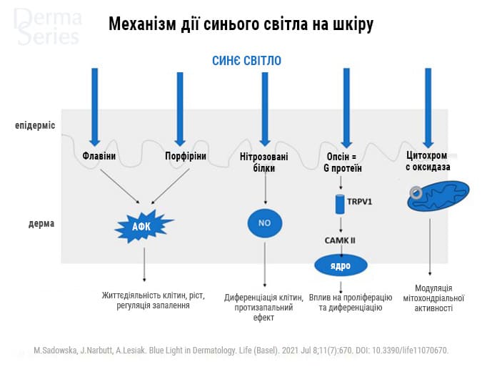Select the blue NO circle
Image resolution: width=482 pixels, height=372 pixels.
pos(264,223)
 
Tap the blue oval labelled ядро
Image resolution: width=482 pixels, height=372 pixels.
pos(341,265)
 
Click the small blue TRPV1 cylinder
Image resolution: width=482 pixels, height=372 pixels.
pos(340,203)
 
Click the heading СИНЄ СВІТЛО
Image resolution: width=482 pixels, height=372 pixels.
pos(246,61)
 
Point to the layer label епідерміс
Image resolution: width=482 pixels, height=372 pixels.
pos(35,126)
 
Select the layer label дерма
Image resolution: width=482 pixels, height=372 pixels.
pos(41,223)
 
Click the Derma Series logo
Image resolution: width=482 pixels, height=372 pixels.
pos(47,26)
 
